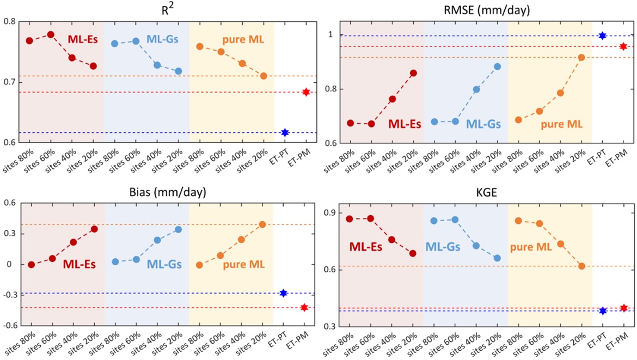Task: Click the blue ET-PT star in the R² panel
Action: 285,132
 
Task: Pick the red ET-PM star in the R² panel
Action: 307,92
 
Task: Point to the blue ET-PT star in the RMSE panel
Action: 602,35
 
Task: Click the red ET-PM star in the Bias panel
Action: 304,308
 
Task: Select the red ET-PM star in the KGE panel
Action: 624,308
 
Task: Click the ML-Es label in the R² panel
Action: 79,39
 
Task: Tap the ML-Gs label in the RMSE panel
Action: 483,124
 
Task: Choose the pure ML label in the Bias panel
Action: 243,265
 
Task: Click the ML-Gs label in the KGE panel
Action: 442,247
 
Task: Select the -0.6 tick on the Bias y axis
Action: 8,325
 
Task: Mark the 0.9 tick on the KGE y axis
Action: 330,212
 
